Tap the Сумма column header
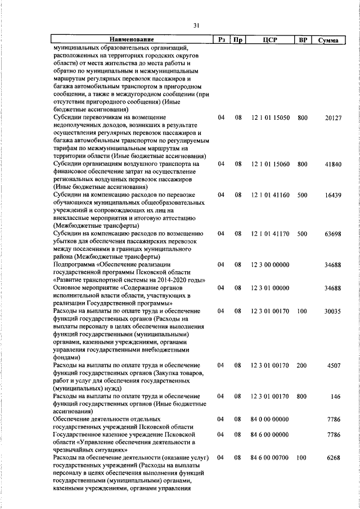coord(327,40)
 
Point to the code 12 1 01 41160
coord(271,195)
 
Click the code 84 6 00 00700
coord(271,458)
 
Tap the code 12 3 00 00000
coord(271,264)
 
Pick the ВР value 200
coord(302,366)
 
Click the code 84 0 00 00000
coord(271,420)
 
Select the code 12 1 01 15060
coord(271,164)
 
